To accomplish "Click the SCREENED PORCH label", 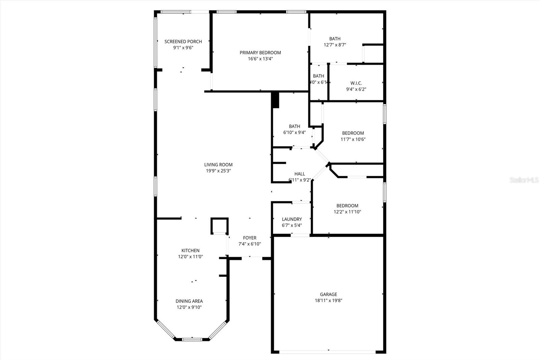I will tap(183, 42).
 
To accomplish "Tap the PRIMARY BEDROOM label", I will tap(260, 53).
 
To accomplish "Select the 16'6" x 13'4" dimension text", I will tap(260, 59).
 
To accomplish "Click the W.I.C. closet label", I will tap(356, 83).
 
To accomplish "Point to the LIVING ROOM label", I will tap(218, 165).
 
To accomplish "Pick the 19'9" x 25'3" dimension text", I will tap(218, 171).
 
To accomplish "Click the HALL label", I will tap(299, 174).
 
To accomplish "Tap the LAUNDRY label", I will tap(292, 219).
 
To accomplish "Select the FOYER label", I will tap(250, 238).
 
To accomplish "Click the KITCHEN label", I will tap(190, 251).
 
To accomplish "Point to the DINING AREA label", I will tap(189, 301).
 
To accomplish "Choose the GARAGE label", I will tap(328, 294).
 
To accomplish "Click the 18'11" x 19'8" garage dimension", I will tap(328, 301).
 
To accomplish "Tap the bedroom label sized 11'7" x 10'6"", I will tap(353, 133).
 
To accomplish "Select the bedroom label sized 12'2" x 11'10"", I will tap(347, 206).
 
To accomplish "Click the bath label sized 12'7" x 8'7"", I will tap(335, 39).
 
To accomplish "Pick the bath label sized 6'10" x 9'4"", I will tap(294, 126).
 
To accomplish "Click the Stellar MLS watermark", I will tap(524, 180).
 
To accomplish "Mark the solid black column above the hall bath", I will tap(275, 100).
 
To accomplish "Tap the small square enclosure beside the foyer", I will tap(220, 226).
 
